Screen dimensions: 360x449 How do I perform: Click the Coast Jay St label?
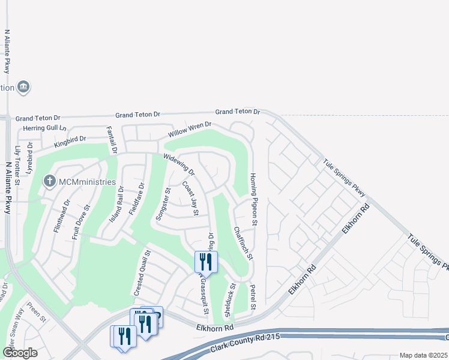pos(190,199)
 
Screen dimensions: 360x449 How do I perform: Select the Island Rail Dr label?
pos(121,203)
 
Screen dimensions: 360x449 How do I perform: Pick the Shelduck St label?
pos(229,300)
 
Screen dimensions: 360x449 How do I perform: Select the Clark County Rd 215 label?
pos(246,344)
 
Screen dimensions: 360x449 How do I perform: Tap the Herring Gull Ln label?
pos(45,128)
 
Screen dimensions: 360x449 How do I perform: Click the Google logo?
pos(20,353)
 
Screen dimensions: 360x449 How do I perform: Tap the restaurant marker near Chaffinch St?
pos(206,261)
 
